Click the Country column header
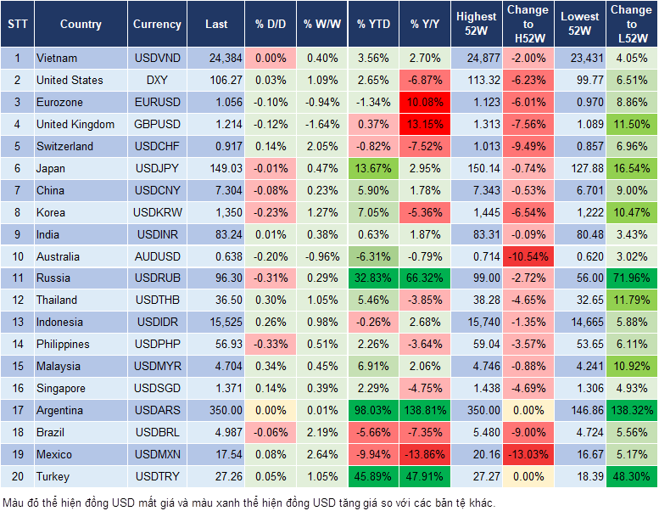coord(81,25)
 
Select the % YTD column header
coord(373,25)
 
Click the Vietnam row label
coord(57,58)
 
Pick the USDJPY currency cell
coord(157,168)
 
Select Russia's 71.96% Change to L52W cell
coord(631,278)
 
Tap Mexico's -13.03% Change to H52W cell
coord(527,454)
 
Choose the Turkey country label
coord(53,476)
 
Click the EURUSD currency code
coord(157,102)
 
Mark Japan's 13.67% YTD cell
coord(373,168)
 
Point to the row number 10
coord(17,256)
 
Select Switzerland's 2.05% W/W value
coord(321,146)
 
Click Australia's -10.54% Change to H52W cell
coord(527,256)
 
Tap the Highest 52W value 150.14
coord(477,168)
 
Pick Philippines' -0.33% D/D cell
coord(271,344)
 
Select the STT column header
coord(17,25)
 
